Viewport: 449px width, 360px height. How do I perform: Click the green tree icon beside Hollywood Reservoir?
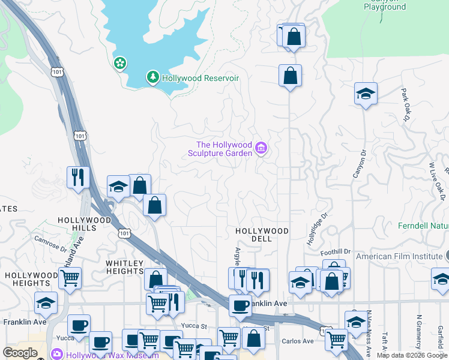click(153, 77)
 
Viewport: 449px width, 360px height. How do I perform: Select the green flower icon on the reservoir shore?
click(120, 63)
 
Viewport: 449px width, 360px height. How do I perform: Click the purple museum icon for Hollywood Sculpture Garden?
click(261, 148)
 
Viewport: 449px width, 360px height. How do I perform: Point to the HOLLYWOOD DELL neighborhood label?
click(262, 235)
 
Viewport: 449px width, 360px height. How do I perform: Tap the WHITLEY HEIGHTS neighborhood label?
click(125, 268)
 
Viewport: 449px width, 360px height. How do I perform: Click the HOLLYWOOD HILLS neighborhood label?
click(85, 224)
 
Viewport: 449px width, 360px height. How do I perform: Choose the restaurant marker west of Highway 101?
click(78, 176)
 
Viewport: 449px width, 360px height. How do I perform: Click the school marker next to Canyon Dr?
click(366, 94)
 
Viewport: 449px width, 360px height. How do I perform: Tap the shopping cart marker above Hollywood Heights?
click(70, 278)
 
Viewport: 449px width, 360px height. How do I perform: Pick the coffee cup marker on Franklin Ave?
click(240, 305)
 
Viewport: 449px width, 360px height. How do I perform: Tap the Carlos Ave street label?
click(298, 341)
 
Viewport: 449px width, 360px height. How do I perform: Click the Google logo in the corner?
click(20, 353)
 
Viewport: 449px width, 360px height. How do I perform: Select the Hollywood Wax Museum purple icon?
click(58, 355)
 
